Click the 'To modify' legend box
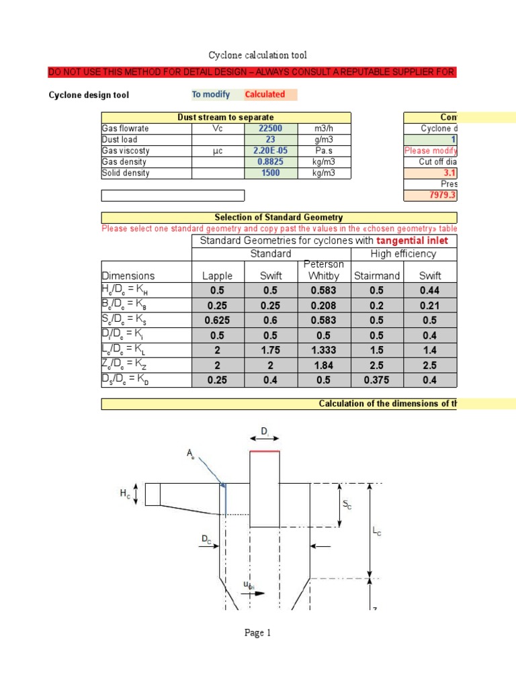(211, 95)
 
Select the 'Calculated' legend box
(265, 95)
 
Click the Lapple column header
(216, 275)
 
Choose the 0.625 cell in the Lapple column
(216, 320)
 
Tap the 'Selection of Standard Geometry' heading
(278, 217)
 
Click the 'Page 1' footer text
(257, 633)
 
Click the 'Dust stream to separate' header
(226, 118)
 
